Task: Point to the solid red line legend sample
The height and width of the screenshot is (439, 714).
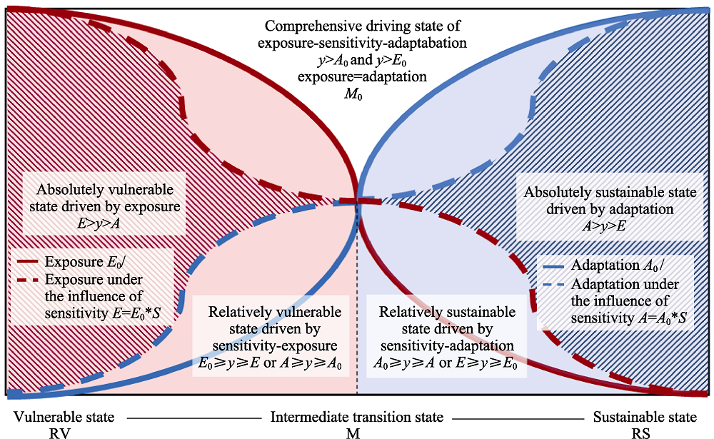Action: click(x=28, y=262)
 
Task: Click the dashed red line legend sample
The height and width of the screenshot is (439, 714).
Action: click(x=28, y=279)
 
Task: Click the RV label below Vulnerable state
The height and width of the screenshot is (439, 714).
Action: click(x=60, y=433)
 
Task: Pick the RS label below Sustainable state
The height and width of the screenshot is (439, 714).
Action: click(x=640, y=433)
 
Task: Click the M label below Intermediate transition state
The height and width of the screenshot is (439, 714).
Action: click(x=353, y=433)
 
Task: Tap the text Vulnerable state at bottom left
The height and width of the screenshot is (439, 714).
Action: click(x=64, y=417)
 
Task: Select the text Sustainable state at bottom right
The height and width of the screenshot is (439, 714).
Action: click(x=645, y=417)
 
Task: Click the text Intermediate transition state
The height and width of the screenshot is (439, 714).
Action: click(x=357, y=417)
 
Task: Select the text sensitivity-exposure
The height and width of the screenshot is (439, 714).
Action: click(x=275, y=345)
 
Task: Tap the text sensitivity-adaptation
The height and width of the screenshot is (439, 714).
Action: click(x=447, y=345)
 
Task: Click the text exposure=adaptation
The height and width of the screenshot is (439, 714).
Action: click(x=363, y=76)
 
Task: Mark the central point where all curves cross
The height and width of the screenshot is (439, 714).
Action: click(x=357, y=201)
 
